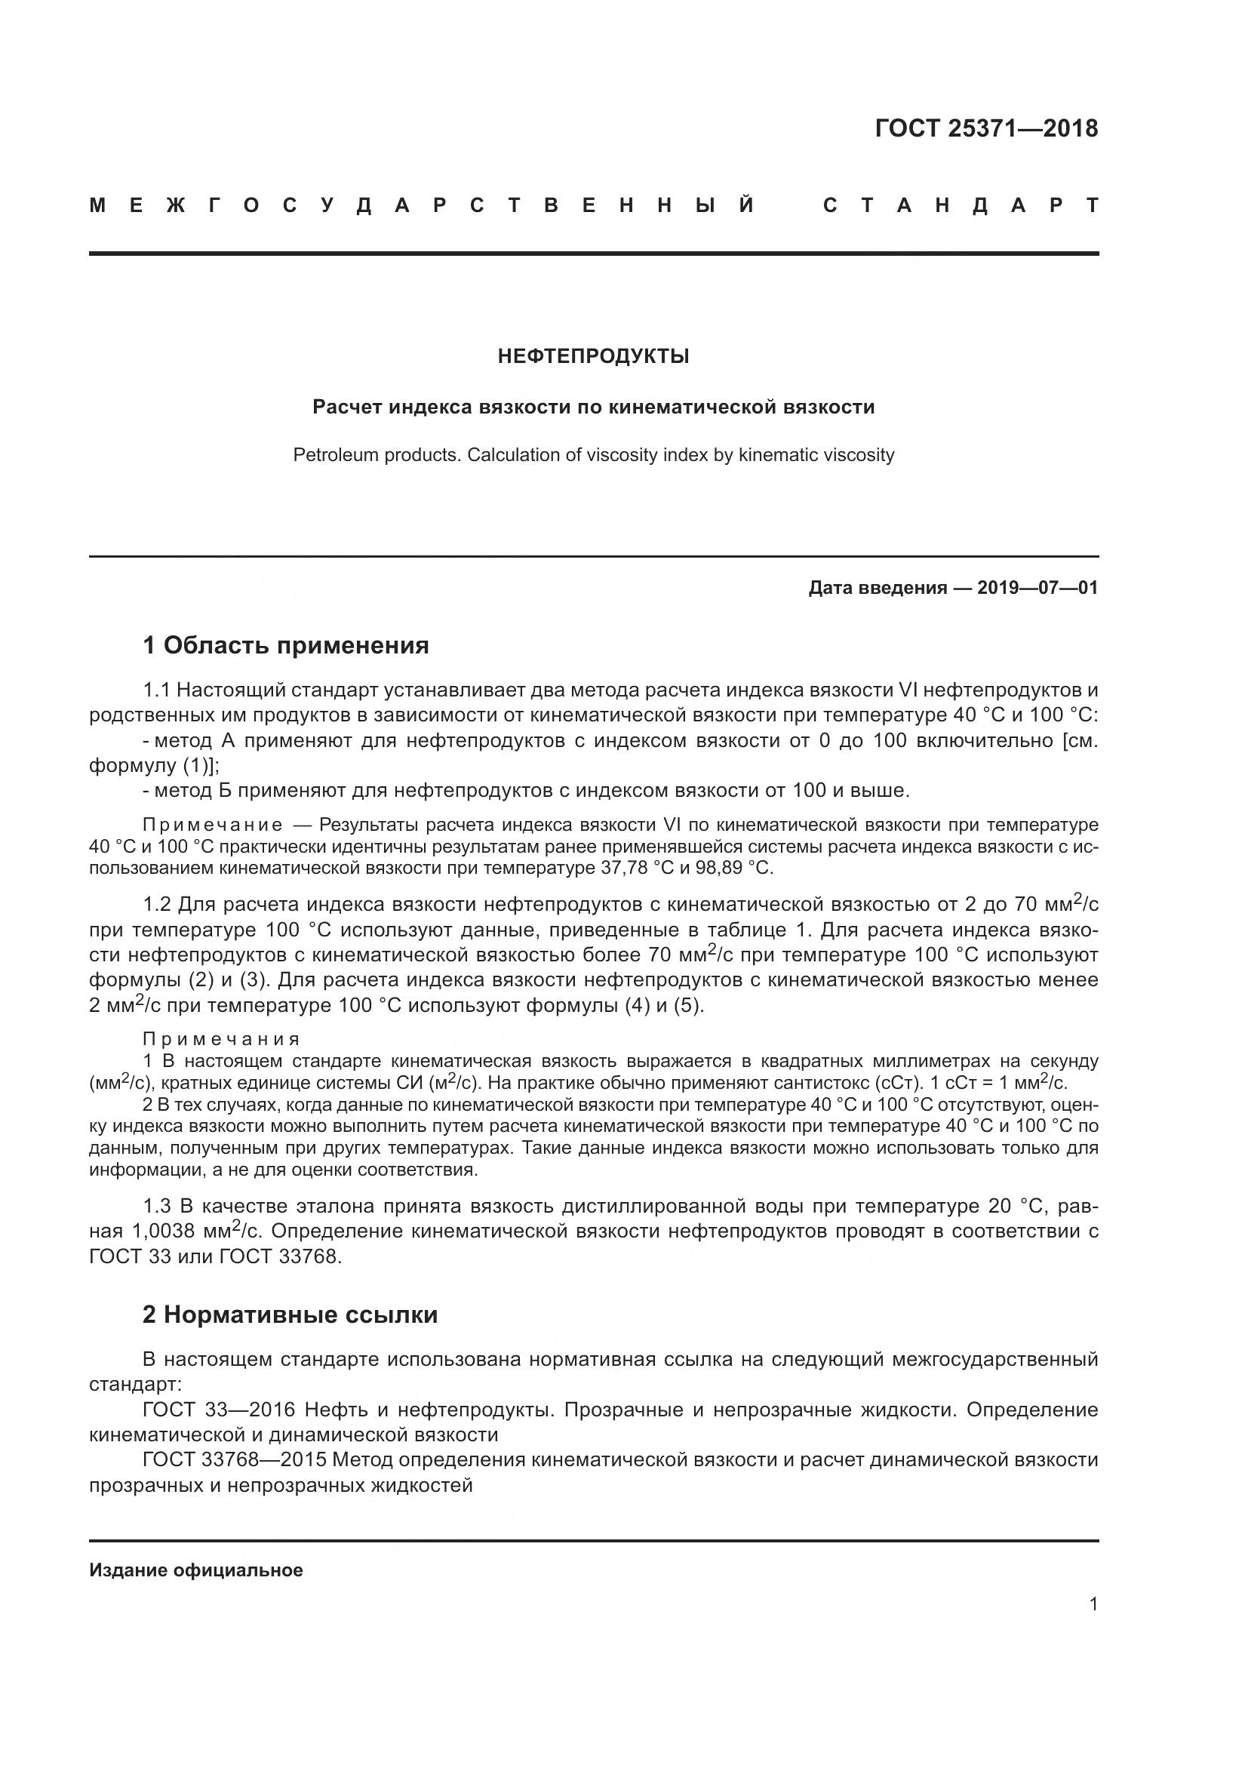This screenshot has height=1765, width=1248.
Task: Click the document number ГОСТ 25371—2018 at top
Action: tap(986, 128)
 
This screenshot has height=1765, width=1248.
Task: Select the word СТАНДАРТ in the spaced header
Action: tap(961, 206)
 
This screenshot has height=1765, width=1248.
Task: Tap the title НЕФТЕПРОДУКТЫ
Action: tap(593, 357)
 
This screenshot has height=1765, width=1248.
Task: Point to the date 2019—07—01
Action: tap(1037, 588)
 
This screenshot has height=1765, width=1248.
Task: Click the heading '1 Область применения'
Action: tap(286, 645)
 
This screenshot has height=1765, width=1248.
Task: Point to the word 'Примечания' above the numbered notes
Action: tap(221, 1040)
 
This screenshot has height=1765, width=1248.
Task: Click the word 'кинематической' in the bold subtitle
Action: tap(693, 407)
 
